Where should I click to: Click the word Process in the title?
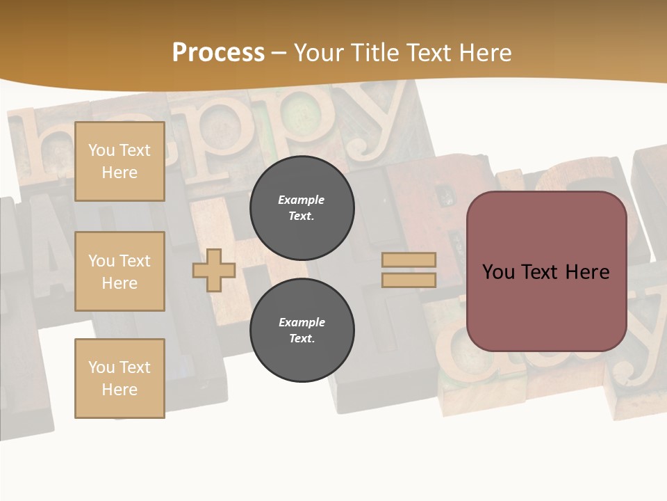[x=218, y=53]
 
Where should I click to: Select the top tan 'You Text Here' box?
[x=120, y=161]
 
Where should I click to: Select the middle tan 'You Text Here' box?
[x=120, y=271]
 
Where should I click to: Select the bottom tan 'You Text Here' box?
[x=120, y=378]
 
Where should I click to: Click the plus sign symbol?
[x=214, y=270]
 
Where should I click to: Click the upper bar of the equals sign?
[x=409, y=260]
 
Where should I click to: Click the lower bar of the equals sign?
[x=409, y=280]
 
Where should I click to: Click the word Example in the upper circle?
[x=302, y=200]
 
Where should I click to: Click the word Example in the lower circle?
[x=302, y=322]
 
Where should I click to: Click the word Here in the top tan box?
[x=120, y=173]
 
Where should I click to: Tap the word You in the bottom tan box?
[x=101, y=367]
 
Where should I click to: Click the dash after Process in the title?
[x=279, y=53]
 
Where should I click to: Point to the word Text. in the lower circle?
[x=302, y=339]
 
